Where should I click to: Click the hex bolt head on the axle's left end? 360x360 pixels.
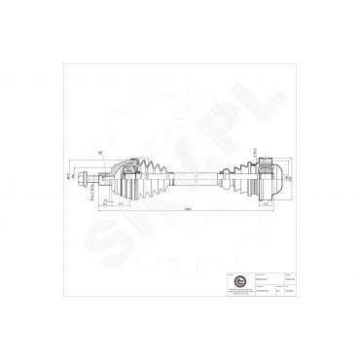click(x=87, y=179)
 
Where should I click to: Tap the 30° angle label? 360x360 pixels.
click(x=100, y=151)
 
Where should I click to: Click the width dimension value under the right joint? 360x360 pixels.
click(x=264, y=204)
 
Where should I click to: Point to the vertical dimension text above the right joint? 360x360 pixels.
click(x=256, y=153)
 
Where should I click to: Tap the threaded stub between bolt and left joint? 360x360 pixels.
click(x=96, y=178)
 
